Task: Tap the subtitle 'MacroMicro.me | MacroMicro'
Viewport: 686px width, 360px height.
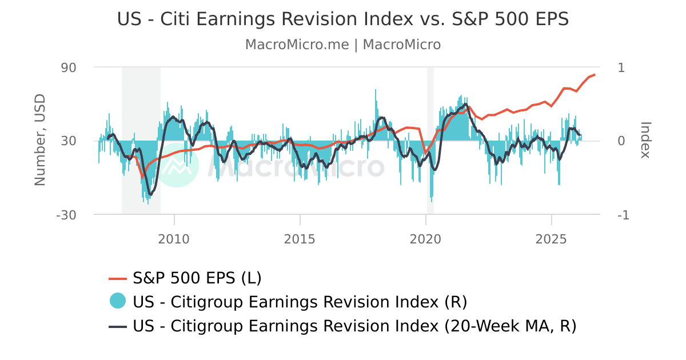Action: click(x=343, y=45)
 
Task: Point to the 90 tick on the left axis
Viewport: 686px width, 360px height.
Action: click(x=69, y=67)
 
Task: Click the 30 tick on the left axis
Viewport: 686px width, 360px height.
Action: click(x=69, y=141)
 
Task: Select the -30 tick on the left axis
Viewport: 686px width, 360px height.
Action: click(x=66, y=215)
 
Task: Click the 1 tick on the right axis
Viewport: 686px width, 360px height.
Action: click(x=621, y=67)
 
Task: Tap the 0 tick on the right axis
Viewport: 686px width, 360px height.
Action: click(x=621, y=141)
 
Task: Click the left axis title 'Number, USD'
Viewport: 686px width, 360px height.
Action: click(x=40, y=141)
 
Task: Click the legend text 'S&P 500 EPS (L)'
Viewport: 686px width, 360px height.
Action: click(x=197, y=278)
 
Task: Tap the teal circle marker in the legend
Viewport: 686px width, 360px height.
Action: click(x=118, y=301)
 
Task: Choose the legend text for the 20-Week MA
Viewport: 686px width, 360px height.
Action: click(x=354, y=326)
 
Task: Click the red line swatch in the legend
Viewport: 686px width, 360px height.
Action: click(x=118, y=278)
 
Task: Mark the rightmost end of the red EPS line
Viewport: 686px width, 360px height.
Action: click(x=595, y=74)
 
